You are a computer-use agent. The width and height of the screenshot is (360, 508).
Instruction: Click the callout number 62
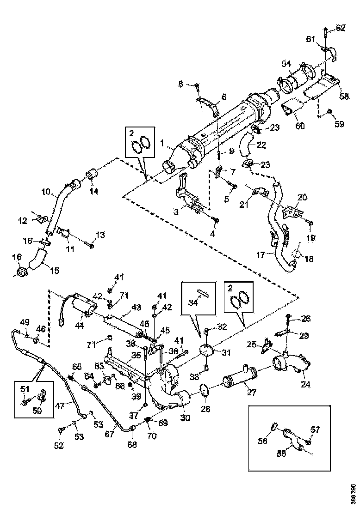[x=341, y=29]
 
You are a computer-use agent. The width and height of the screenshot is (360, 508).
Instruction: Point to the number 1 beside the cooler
[x=162, y=144]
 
